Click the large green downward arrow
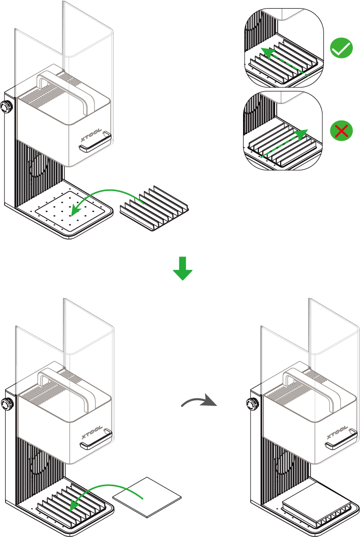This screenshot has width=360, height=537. [183, 268]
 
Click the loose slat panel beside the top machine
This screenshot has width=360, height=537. [155, 208]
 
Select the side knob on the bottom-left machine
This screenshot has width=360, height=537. [7, 404]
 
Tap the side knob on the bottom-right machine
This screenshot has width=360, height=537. [251, 404]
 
